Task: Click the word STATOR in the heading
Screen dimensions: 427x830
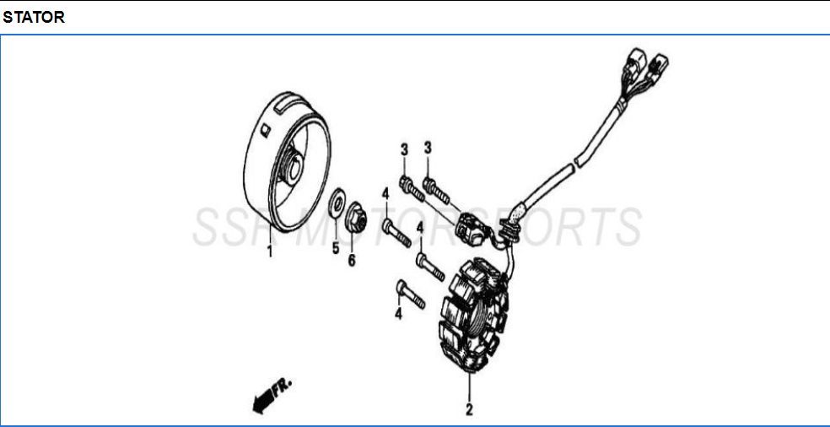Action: [x=34, y=17]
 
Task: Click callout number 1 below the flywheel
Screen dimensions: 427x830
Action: [x=270, y=251]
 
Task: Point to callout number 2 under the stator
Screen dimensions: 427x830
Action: [x=468, y=411]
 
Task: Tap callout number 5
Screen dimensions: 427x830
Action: [x=335, y=249]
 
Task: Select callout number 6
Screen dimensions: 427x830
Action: [x=352, y=260]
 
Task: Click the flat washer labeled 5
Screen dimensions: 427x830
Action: [x=337, y=203]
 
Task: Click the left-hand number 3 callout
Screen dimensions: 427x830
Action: [x=404, y=149]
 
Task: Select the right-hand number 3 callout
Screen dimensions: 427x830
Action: [x=428, y=148]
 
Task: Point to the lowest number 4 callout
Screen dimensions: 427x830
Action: [x=398, y=314]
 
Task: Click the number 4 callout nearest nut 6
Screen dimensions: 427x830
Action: [x=385, y=194]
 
